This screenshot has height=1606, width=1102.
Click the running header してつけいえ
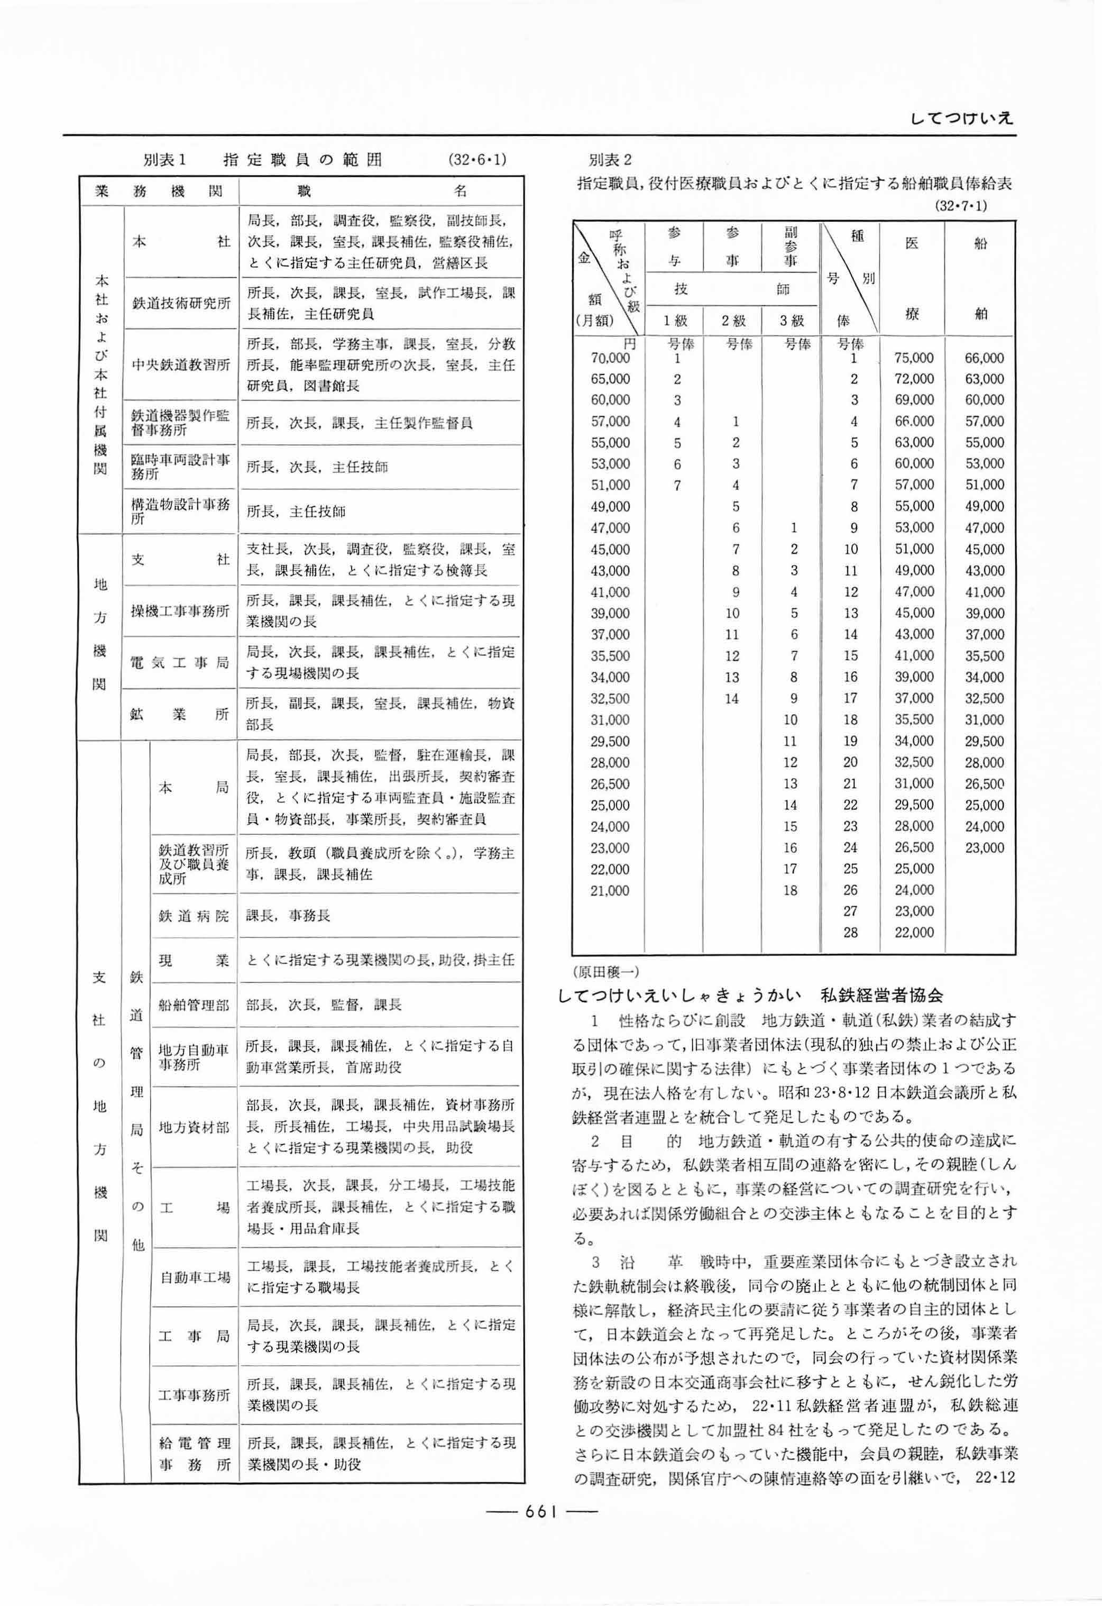coord(962,118)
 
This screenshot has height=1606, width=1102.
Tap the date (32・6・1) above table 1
coord(477,160)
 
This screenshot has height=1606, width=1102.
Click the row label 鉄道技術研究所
coord(181,303)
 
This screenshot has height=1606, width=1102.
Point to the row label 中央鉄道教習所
coord(181,364)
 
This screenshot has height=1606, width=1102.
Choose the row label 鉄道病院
coord(194,915)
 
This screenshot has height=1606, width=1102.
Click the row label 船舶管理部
coord(194,1004)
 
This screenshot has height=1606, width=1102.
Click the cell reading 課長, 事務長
coord(288,915)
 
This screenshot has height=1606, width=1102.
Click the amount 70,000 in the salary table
coord(610,358)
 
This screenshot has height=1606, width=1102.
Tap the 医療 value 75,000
coord(913,358)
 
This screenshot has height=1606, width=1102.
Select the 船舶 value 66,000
coord(984,358)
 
